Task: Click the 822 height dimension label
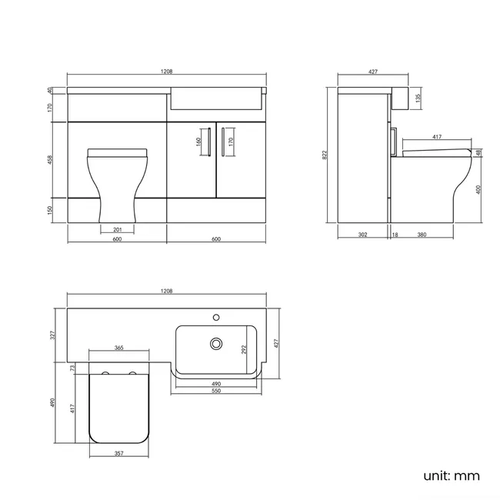(x=325, y=155)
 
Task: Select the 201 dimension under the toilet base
(x=118, y=229)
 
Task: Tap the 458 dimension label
(x=50, y=160)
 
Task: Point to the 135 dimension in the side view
(x=418, y=98)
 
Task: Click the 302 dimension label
(x=362, y=235)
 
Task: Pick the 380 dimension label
(x=422, y=235)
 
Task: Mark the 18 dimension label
(x=395, y=235)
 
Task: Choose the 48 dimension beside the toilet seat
(x=478, y=153)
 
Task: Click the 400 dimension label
(x=478, y=190)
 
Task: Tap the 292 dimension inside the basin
(x=244, y=349)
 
